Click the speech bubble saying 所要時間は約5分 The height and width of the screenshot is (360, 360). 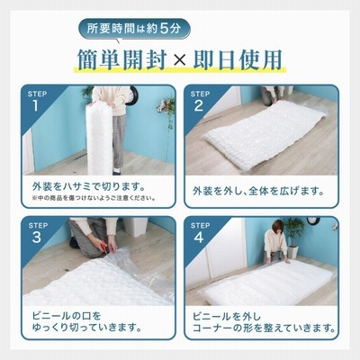pos(134,29)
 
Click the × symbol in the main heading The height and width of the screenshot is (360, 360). pos(180,59)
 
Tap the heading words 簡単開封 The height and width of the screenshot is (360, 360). pos(121,59)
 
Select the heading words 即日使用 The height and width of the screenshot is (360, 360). pos(237,59)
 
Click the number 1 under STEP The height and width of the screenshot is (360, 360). pos(36,105)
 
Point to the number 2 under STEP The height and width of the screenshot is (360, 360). pos(199,105)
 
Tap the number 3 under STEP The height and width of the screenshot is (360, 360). pos(37,238)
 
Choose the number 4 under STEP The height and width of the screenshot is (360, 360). pos(199,238)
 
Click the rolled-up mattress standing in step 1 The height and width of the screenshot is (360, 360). pos(99,139)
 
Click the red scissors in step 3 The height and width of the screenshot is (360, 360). pos(103,247)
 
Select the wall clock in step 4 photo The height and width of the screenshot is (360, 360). pos(313,220)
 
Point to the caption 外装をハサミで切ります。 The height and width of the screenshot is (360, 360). pos(89,186)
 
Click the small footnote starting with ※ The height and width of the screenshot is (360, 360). pos(94,198)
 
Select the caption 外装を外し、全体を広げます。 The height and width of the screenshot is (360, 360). pos(258,191)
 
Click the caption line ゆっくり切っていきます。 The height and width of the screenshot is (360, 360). pos(87,327)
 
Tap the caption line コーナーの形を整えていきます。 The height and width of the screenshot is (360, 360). pos(264,328)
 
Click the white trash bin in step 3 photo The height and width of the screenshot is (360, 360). pos(135,227)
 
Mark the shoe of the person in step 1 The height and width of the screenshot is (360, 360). pos(117,172)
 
